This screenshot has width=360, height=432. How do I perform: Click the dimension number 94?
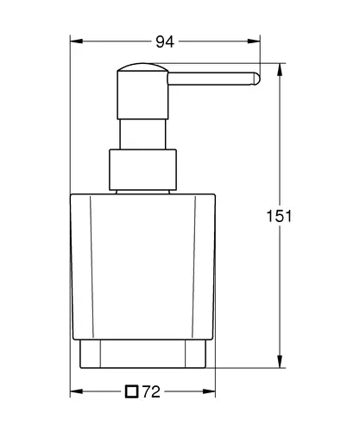click(165, 41)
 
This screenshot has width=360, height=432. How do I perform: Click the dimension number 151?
click(279, 216)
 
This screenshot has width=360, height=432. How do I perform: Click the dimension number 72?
click(151, 391)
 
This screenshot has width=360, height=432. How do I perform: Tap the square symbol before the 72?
click(132, 391)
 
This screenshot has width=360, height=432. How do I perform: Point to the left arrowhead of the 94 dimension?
click(76, 41)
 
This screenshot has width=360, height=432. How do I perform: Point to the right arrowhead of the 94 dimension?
click(254, 41)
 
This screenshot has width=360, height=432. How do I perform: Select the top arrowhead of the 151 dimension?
click(280, 69)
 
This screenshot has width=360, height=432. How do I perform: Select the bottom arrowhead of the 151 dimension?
click(280, 361)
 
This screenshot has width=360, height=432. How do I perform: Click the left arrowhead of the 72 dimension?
click(76, 391)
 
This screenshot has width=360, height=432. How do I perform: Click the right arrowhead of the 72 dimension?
click(209, 391)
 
